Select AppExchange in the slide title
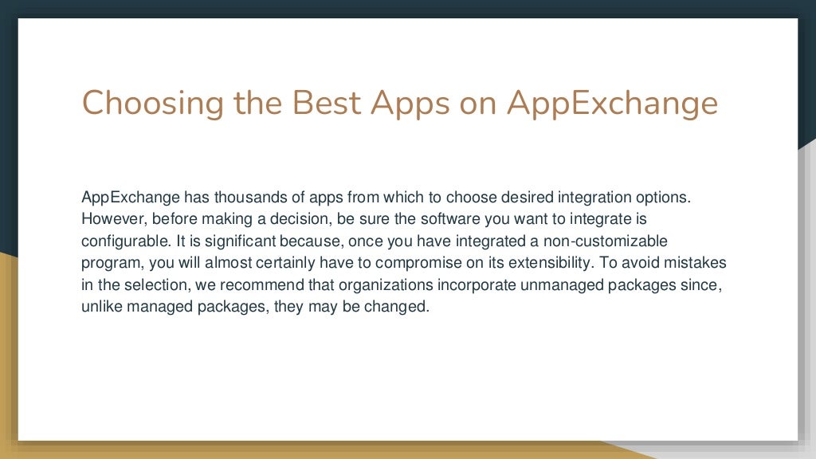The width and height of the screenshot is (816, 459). tap(612, 104)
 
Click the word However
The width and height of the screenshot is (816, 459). tap(110, 218)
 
